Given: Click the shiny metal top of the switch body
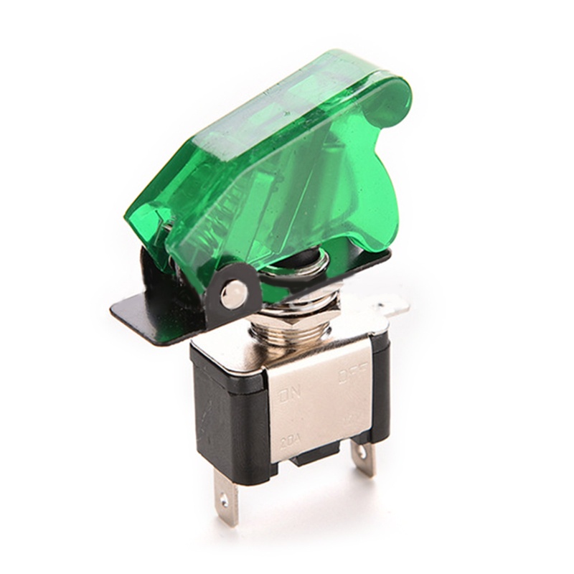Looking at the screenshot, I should [287, 355].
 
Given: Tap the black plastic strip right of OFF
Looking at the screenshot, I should [380, 387].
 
